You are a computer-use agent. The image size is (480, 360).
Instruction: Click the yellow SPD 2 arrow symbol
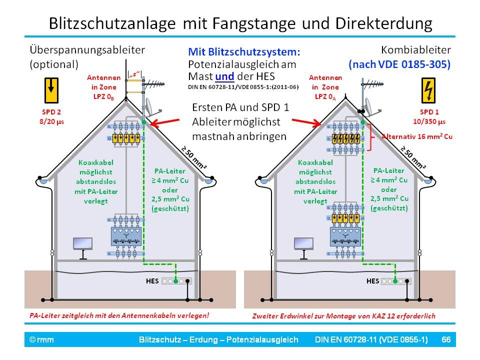point(51,89)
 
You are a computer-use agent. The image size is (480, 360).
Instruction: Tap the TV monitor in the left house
point(82,244)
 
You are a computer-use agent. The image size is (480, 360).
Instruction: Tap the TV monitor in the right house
point(303,244)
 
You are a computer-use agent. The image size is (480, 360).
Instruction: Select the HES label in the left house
point(152,281)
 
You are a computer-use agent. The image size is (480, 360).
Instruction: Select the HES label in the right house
point(372,281)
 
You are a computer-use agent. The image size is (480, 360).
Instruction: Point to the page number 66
point(446,340)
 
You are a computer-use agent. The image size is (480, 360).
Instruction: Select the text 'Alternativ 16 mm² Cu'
point(416,136)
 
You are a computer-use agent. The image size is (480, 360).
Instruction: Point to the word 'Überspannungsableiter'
point(87,50)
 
